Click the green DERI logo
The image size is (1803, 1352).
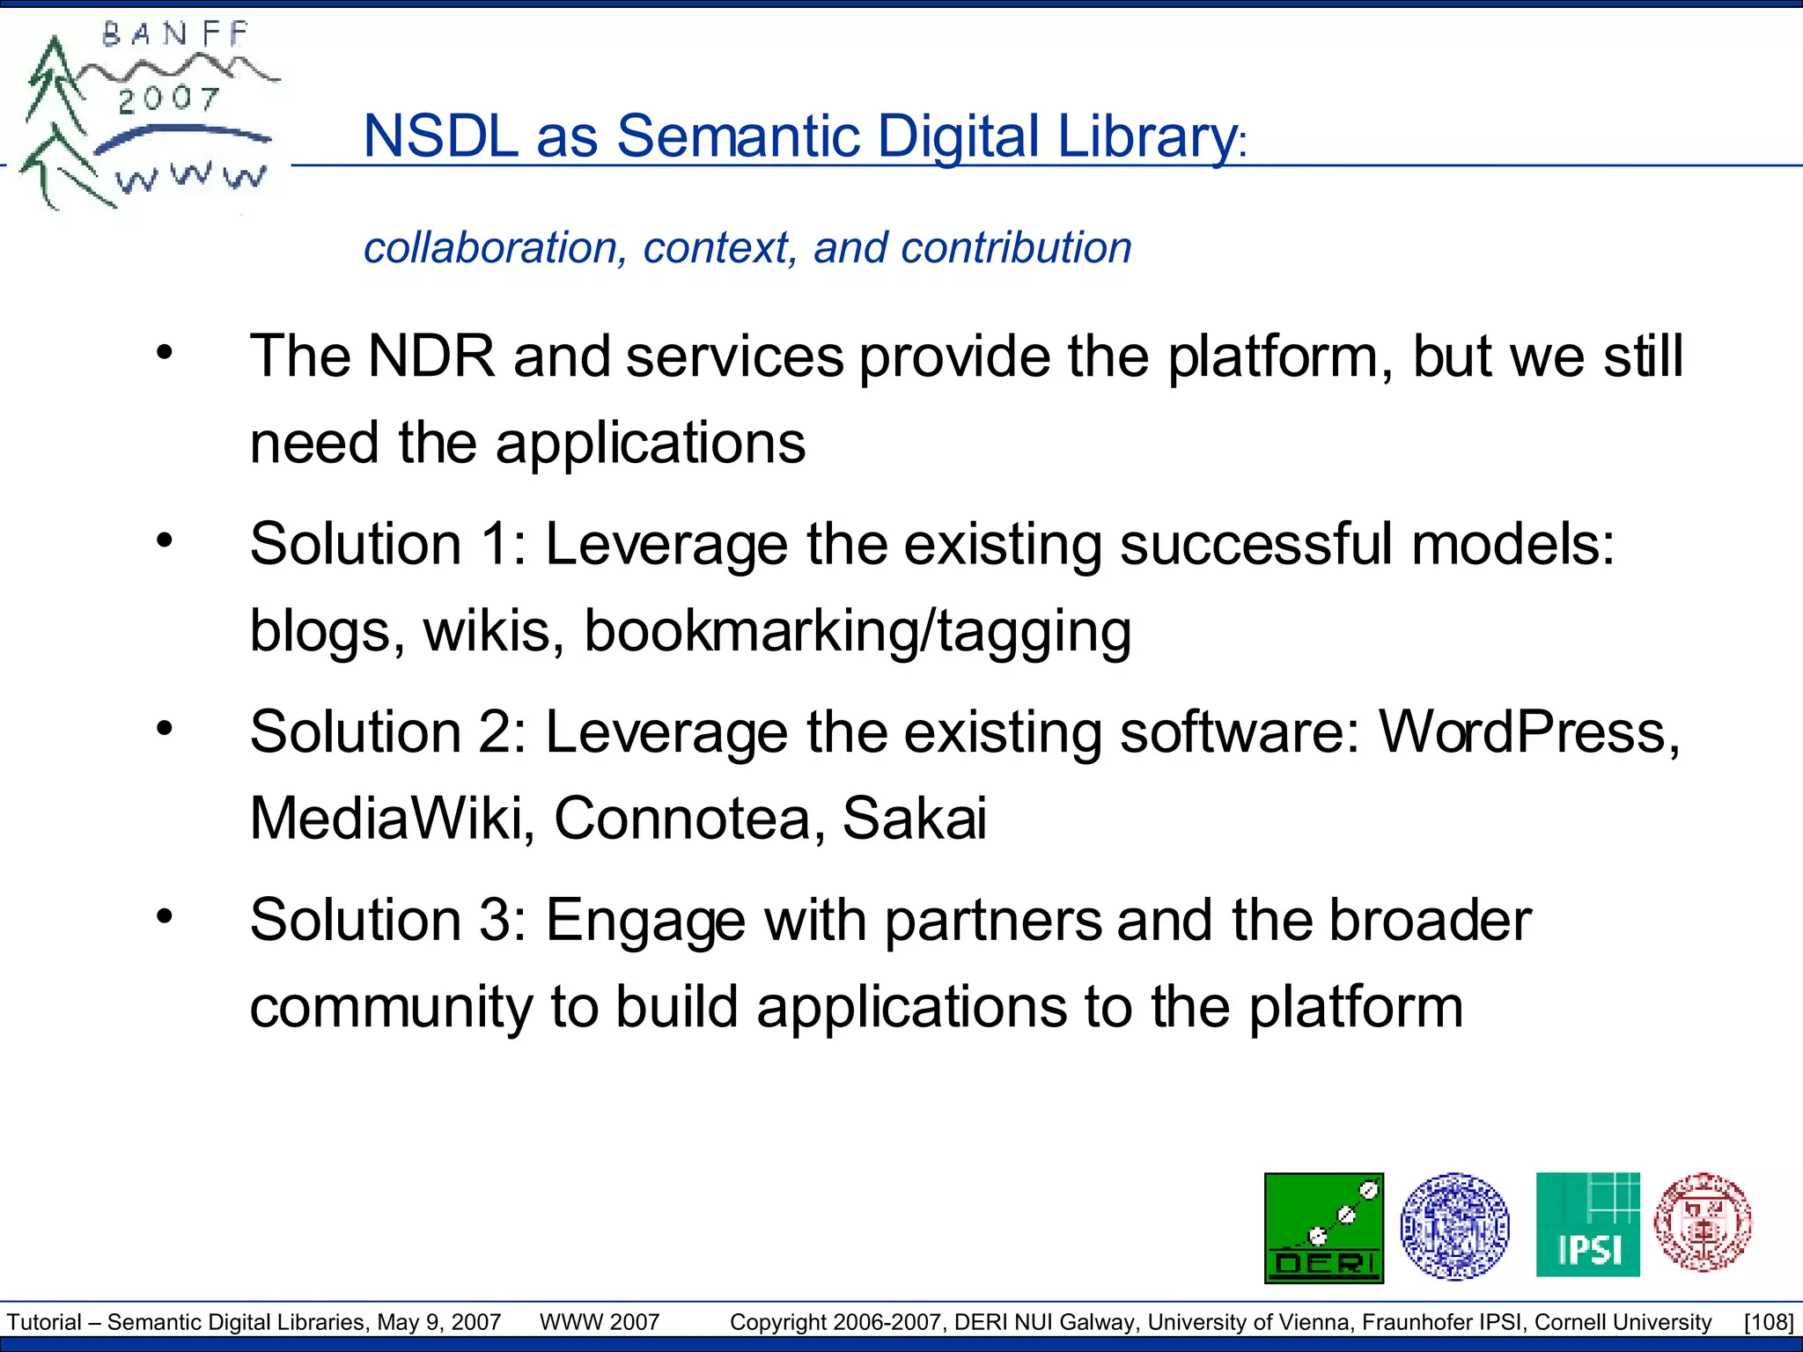tap(1323, 1227)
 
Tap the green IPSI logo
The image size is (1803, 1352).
tap(1587, 1224)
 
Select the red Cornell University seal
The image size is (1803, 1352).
tap(1703, 1223)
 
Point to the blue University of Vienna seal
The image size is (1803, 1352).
tap(1454, 1225)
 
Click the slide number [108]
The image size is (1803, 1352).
tap(1768, 1322)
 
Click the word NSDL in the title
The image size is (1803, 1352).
tap(440, 137)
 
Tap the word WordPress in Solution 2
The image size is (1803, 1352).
tap(1528, 732)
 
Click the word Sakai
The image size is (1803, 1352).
tap(915, 819)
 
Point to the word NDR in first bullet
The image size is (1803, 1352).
tap(431, 356)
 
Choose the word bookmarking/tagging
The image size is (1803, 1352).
tap(857, 631)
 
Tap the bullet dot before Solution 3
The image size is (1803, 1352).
tap(165, 916)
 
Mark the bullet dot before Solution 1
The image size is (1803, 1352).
tap(165, 540)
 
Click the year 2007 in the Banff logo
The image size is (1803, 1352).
tap(168, 99)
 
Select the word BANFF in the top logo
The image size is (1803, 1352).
tap(176, 34)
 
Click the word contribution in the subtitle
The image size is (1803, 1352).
tap(1016, 247)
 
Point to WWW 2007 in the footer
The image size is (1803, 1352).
tap(600, 1322)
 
